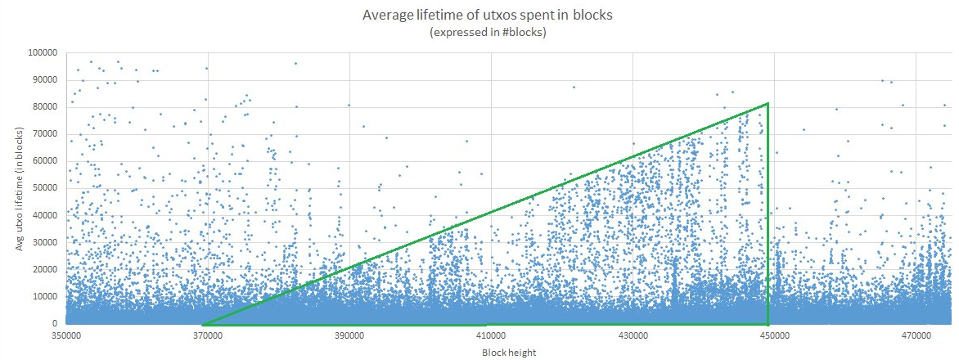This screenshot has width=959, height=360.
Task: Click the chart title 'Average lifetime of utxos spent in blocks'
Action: (x=478, y=16)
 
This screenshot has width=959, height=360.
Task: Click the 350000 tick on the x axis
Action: (x=65, y=336)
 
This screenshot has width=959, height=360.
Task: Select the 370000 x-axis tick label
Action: (x=207, y=336)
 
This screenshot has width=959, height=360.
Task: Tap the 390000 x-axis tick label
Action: (x=349, y=336)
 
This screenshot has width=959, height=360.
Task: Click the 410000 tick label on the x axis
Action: (x=491, y=336)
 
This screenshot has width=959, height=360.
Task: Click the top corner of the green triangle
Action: (x=768, y=104)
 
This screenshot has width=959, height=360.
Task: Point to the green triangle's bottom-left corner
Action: (x=204, y=324)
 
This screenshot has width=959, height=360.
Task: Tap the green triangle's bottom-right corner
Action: (x=768, y=324)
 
